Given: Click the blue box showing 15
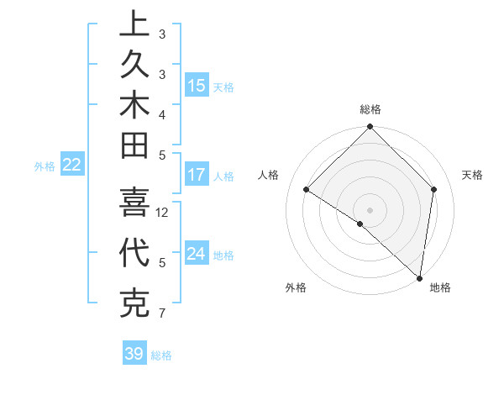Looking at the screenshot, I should tap(197, 85).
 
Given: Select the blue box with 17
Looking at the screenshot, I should tap(197, 175).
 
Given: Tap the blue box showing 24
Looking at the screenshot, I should tap(197, 254).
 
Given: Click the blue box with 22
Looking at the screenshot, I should tap(72, 165).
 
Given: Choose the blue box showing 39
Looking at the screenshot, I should tap(134, 354).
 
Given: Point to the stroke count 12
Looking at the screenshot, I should tap(163, 213).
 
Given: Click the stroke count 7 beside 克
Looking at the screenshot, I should tap(162, 314).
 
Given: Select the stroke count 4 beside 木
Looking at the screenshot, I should tap(162, 114).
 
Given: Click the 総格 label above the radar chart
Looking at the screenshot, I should tap(370, 109).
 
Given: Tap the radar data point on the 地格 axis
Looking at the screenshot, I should tap(419, 278).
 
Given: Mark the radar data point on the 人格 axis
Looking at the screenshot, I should tap(307, 190).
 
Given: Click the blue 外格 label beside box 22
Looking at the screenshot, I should tap(45, 166).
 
